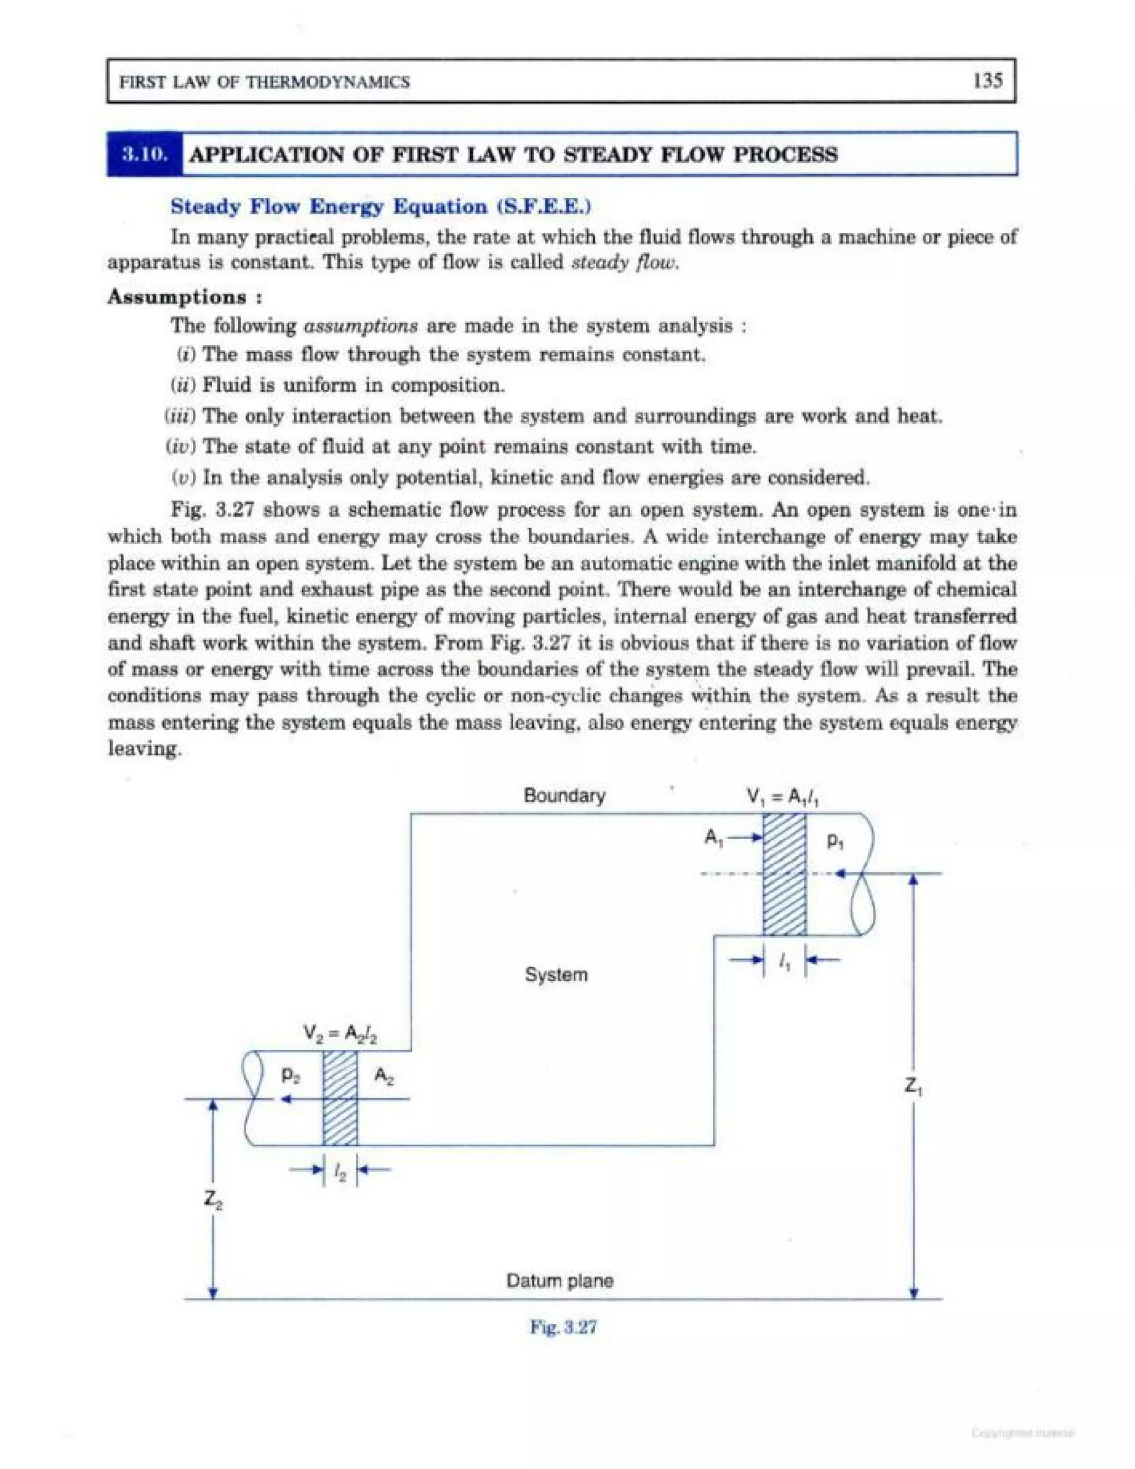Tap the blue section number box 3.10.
145,154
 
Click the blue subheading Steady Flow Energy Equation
381,207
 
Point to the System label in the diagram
556,975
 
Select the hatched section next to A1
784,874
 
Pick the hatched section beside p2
340,1097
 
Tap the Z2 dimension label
214,1198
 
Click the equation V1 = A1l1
782,798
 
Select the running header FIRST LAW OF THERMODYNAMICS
264,82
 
